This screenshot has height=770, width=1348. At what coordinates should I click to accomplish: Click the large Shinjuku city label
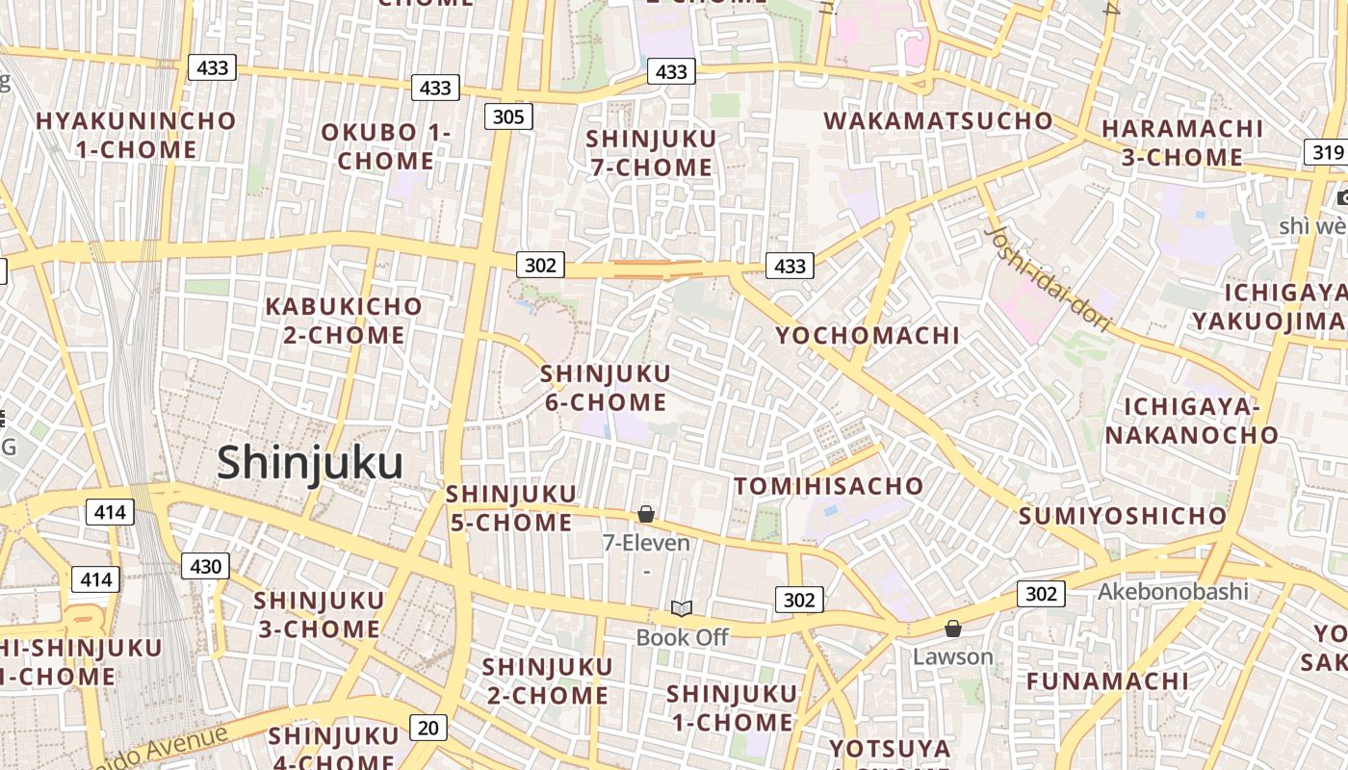pyautogui.click(x=309, y=463)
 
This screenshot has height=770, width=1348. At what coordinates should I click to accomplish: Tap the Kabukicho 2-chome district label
pyautogui.click(x=344, y=321)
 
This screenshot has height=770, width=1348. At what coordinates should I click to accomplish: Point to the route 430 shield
pyautogui.click(x=205, y=567)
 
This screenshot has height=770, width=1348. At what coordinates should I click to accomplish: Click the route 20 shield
pyautogui.click(x=428, y=728)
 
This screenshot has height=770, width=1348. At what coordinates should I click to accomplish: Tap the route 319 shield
pyautogui.click(x=1327, y=152)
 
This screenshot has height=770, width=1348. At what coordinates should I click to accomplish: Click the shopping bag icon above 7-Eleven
pyautogui.click(x=646, y=515)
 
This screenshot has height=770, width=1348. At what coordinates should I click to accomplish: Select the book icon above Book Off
pyautogui.click(x=682, y=608)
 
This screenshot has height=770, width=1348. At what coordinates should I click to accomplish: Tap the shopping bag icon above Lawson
pyautogui.click(x=952, y=629)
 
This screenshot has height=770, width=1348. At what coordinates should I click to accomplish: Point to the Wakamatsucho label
pyautogui.click(x=939, y=121)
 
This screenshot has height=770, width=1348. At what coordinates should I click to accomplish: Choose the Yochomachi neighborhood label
pyautogui.click(x=868, y=335)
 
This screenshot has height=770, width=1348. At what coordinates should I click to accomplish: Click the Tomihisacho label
pyautogui.click(x=829, y=486)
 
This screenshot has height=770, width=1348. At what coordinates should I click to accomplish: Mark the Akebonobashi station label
pyautogui.click(x=1173, y=591)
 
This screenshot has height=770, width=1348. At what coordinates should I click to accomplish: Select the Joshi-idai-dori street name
pyautogui.click(x=1049, y=279)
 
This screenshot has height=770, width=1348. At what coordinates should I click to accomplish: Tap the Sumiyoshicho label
pyautogui.click(x=1123, y=516)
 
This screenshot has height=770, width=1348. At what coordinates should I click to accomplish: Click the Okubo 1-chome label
pyautogui.click(x=385, y=146)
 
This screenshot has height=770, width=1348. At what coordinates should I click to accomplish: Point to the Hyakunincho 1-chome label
pyautogui.click(x=136, y=136)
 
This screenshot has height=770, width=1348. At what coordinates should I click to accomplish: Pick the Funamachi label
pyautogui.click(x=1107, y=681)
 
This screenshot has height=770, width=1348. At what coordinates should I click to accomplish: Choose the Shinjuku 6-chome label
pyautogui.click(x=606, y=388)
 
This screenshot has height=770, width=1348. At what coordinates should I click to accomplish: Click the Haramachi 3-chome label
pyautogui.click(x=1182, y=142)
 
